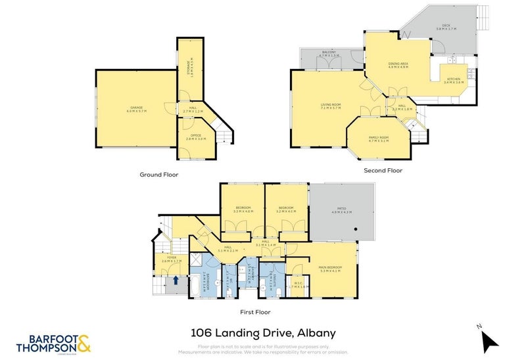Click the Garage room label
coord(136,109)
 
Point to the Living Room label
coord(331,106)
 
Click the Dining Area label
coord(398,65)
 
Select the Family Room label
coord(379,139)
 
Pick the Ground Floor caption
coord(158,175)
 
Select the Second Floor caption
coord(383,170)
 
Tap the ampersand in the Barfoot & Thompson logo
coord(84,342)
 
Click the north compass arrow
coord(489,340)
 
